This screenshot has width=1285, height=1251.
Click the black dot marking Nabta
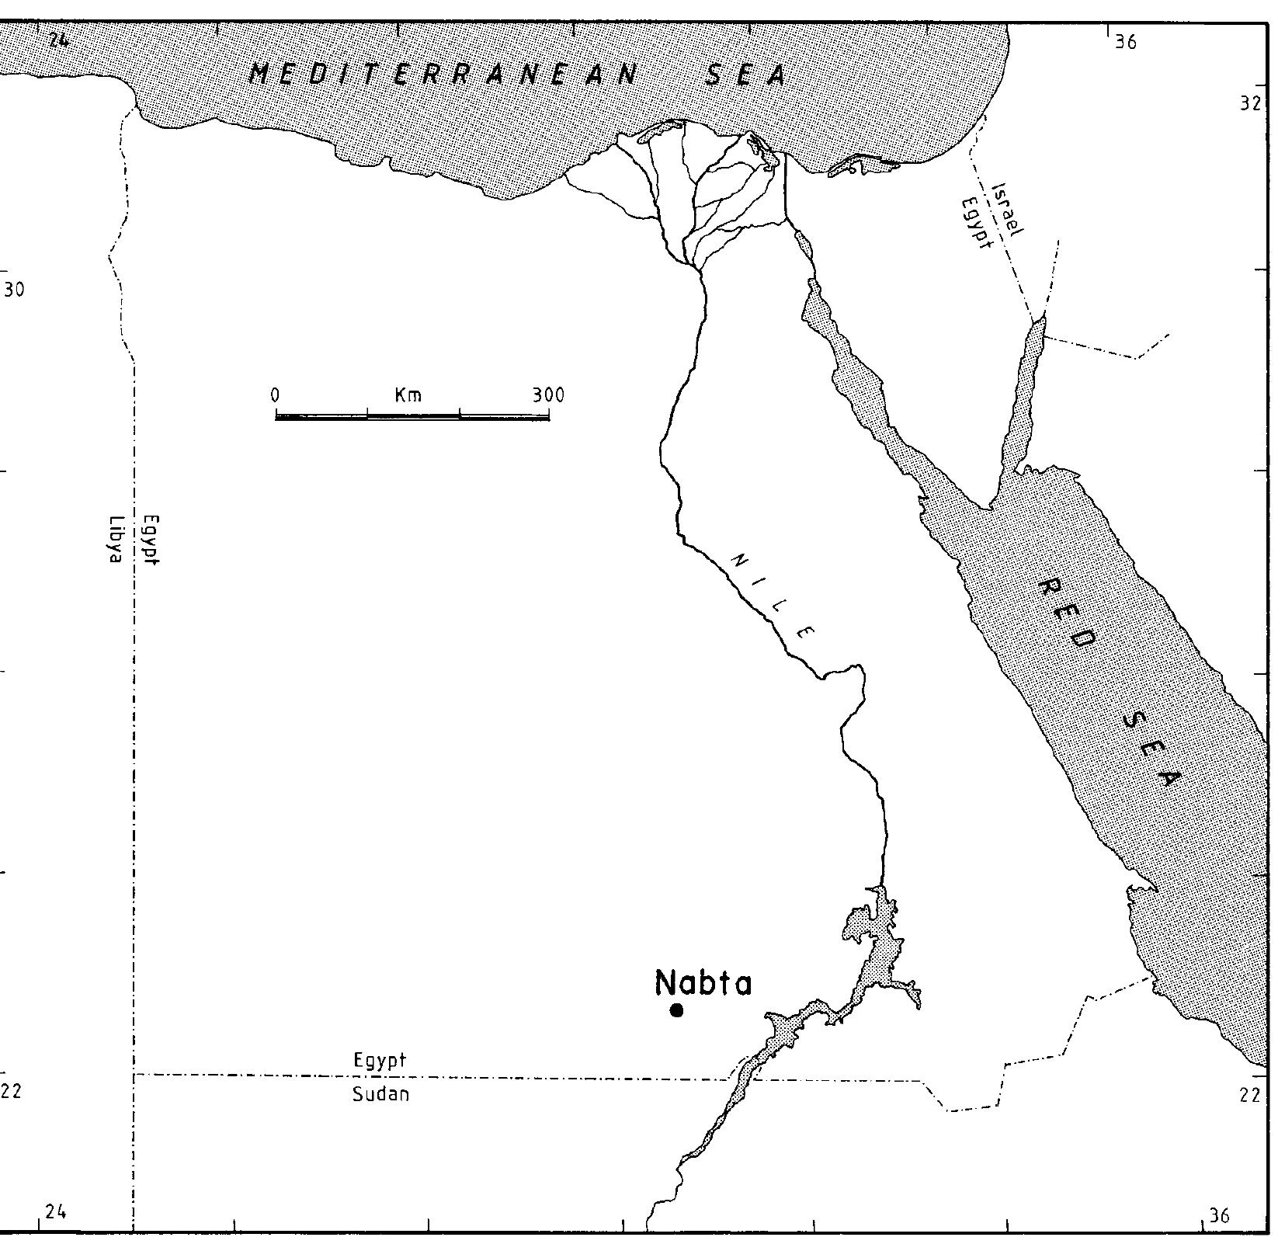point(676,1010)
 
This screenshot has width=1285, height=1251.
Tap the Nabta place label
point(703,983)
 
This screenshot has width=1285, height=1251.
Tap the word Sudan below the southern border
point(380,1095)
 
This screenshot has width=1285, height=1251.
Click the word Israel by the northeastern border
point(1009,208)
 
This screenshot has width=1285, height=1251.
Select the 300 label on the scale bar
point(548,394)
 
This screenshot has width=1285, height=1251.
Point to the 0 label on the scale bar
point(275,394)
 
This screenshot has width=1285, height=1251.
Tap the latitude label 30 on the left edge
point(14,290)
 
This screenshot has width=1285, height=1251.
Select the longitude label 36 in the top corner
point(1125,43)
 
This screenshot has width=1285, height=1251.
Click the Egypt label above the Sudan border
point(380,1060)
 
